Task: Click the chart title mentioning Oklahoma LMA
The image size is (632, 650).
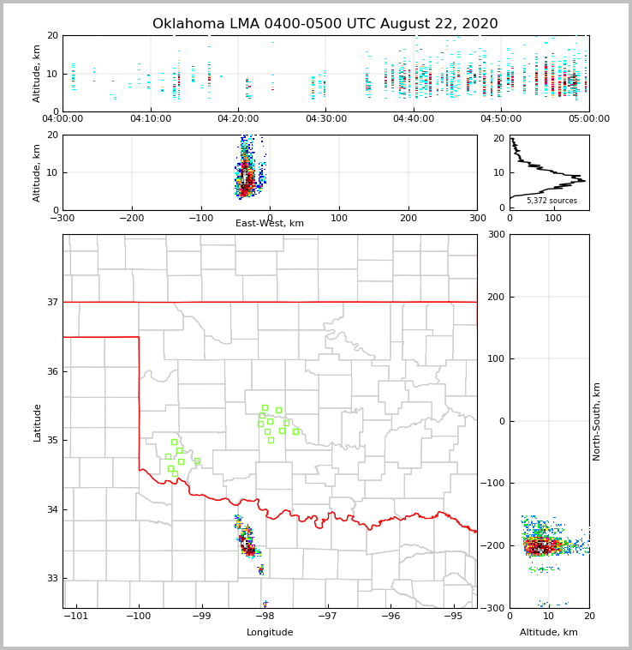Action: click(325, 24)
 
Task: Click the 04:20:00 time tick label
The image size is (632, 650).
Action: click(238, 119)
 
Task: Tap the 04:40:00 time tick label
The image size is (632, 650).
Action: click(414, 119)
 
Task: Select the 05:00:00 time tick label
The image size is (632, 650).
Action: click(589, 119)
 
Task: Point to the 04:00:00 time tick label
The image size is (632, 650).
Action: click(63, 119)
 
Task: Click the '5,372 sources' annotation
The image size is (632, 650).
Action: click(552, 201)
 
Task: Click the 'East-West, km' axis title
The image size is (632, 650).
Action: click(270, 224)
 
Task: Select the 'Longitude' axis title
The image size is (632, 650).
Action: click(270, 633)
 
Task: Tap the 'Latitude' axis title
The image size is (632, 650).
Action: click(38, 422)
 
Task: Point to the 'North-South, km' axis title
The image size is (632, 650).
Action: click(597, 421)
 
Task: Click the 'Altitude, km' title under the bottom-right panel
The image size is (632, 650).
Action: click(549, 633)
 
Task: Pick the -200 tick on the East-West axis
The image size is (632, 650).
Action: click(131, 218)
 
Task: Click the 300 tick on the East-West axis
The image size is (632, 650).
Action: click(477, 218)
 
